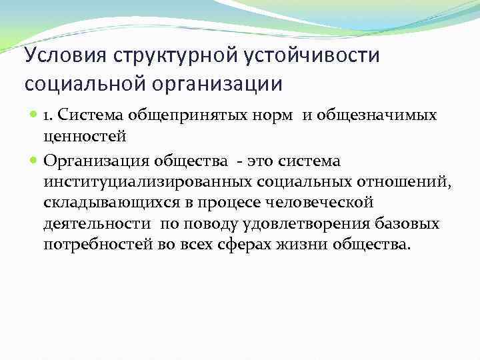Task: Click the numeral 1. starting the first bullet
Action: click(x=49, y=116)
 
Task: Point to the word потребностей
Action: click(x=94, y=245)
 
